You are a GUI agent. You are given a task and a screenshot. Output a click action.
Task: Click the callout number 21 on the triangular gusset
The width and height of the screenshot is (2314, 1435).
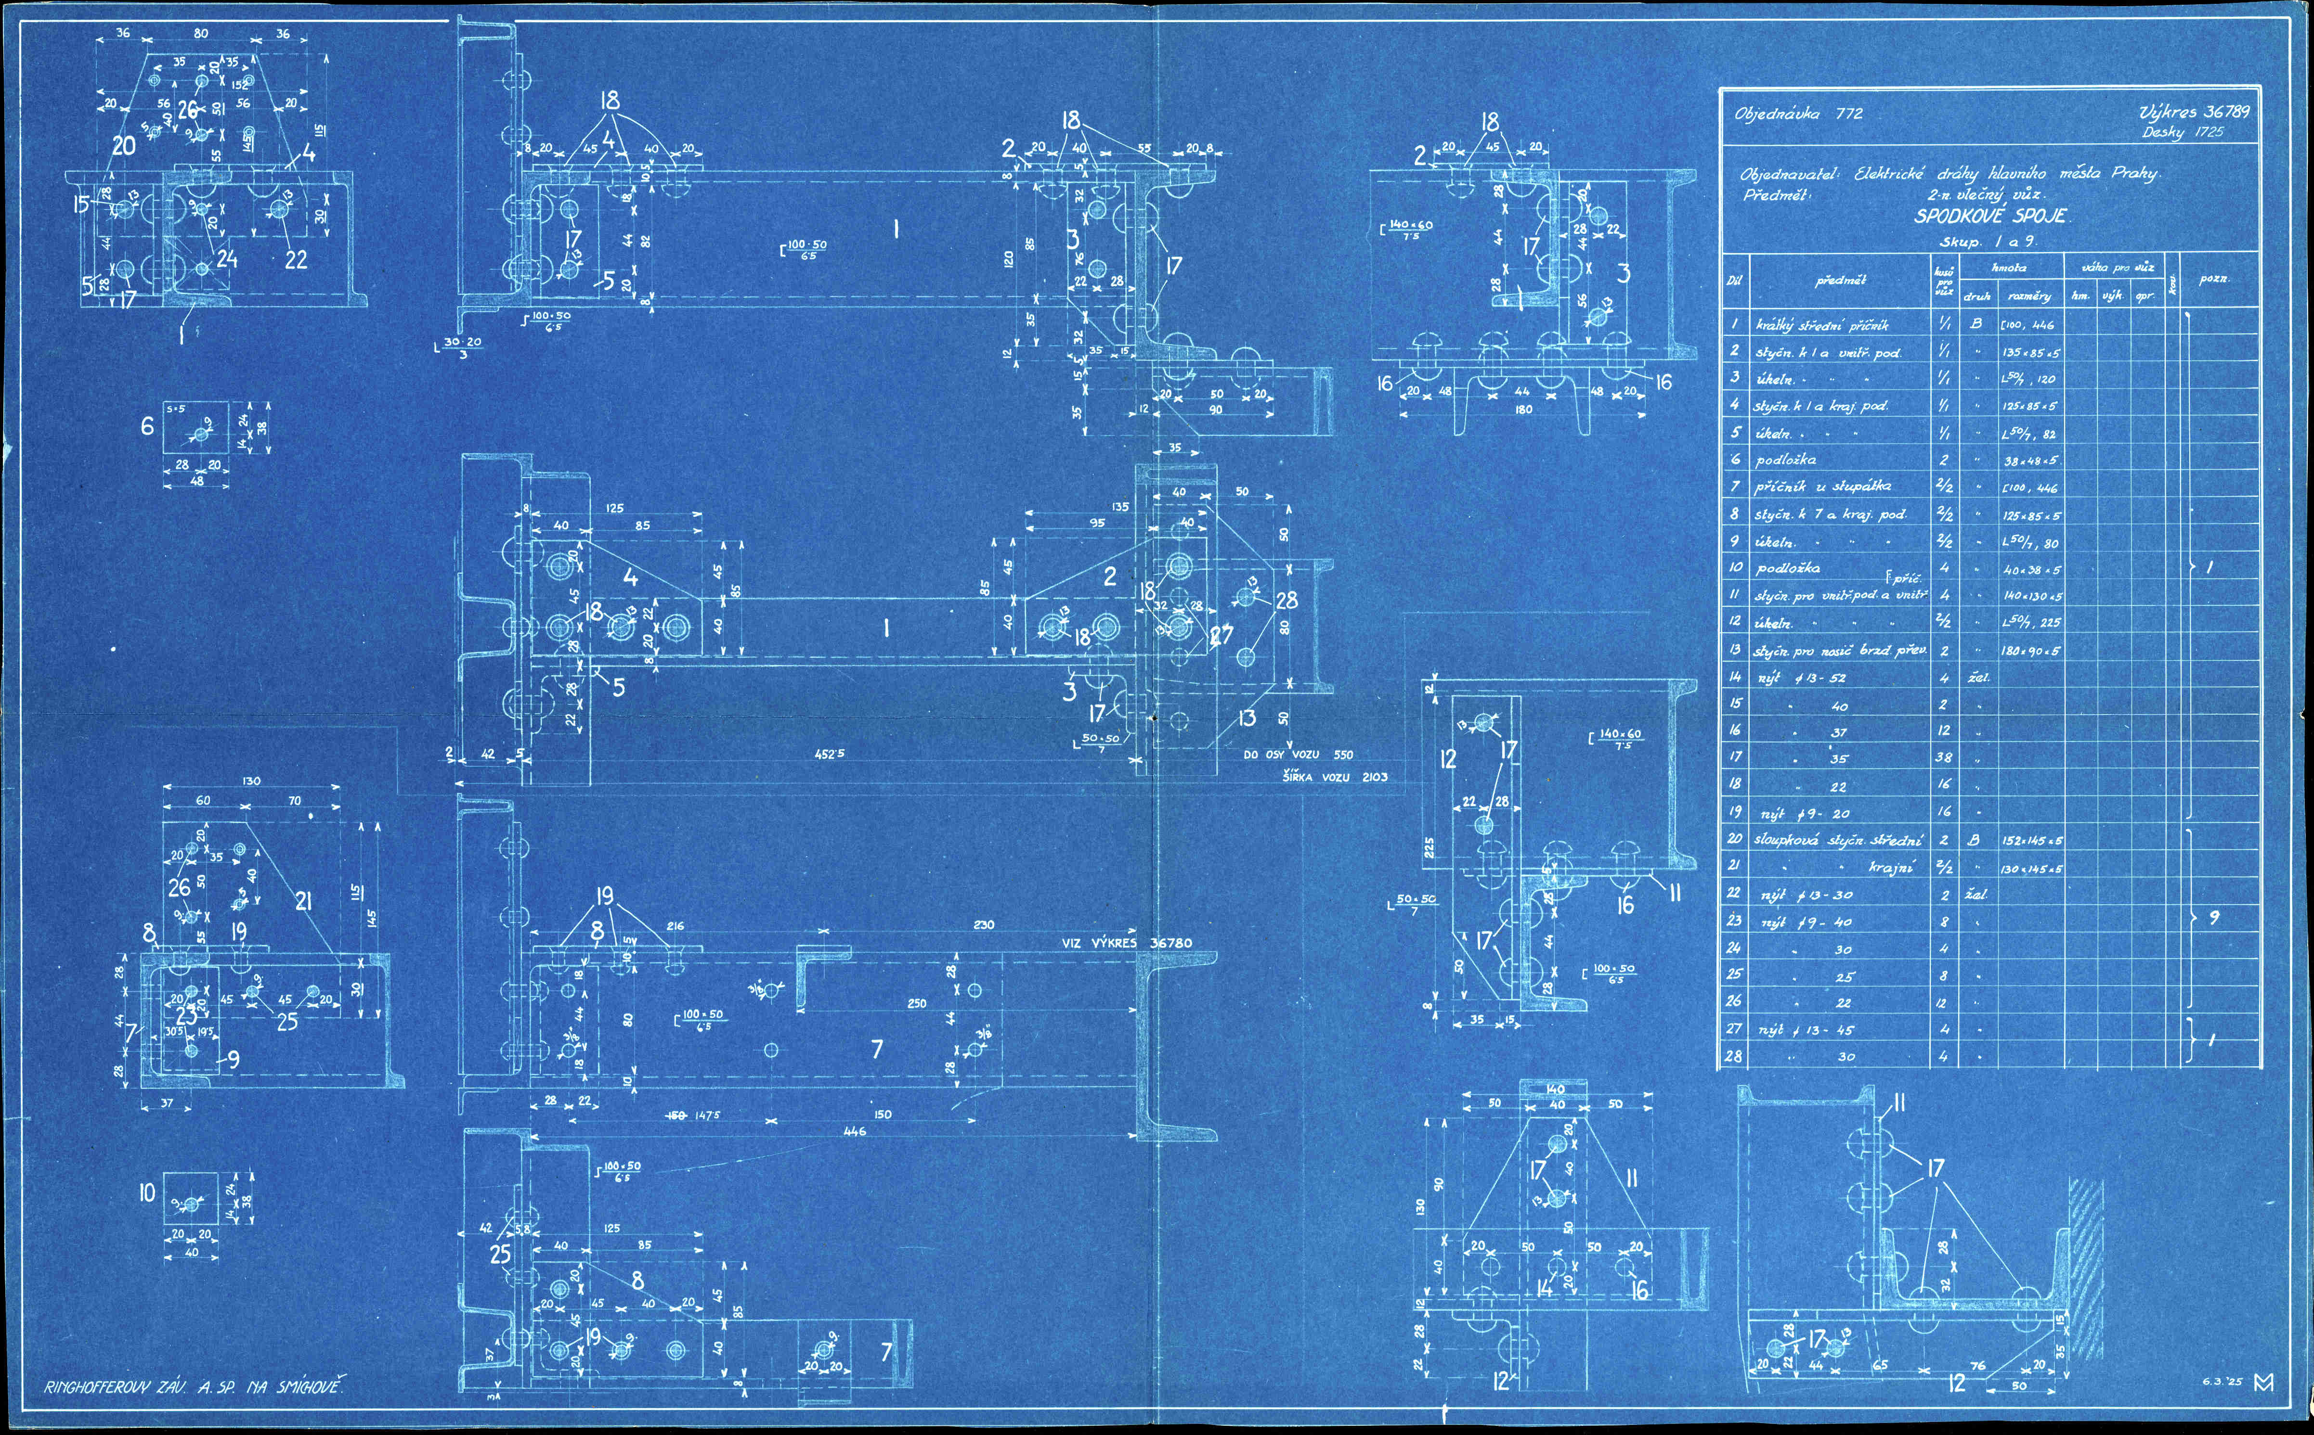[x=303, y=901]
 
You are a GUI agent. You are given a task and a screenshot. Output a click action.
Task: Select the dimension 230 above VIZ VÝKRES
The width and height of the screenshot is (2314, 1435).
[x=984, y=924]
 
